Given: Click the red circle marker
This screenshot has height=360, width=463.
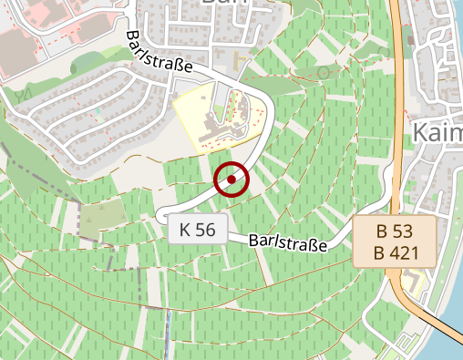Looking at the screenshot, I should pyautogui.click(x=231, y=180).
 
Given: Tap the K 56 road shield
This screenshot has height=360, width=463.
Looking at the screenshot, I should pyautogui.click(x=197, y=230).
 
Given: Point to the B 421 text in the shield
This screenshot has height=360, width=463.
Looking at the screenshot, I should pyautogui.click(x=395, y=252).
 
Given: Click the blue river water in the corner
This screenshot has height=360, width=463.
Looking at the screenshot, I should pyautogui.click(x=450, y=342).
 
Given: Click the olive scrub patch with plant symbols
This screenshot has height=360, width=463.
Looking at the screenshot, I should pyautogui.click(x=102, y=216).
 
